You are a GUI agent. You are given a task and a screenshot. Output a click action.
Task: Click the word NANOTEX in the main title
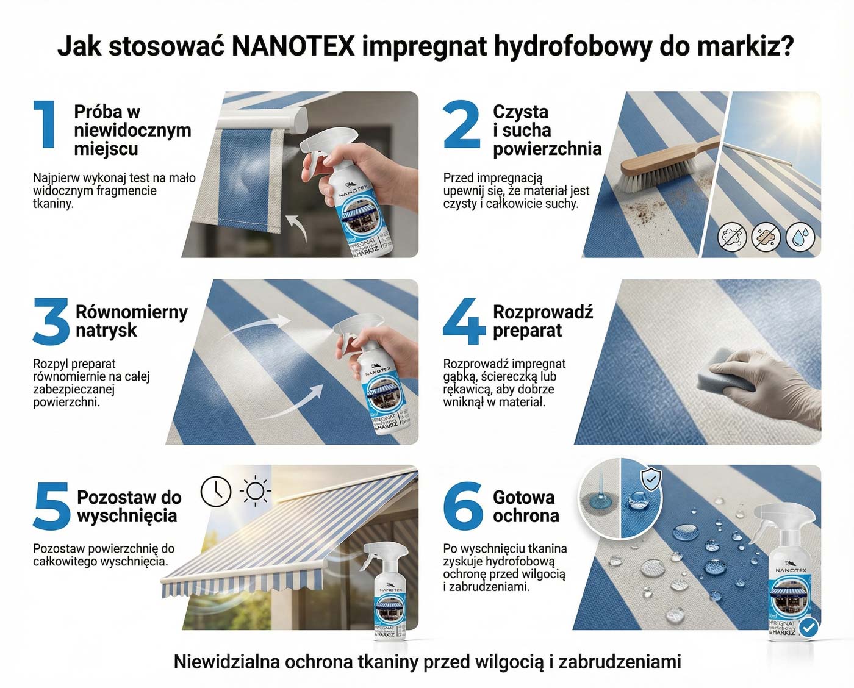pos(293,46)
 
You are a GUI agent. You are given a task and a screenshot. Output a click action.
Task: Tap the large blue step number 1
pos(45,124)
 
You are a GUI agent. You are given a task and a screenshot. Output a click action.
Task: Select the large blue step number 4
pos(464,321)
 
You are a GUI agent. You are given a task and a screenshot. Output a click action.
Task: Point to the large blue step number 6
pos(464,506)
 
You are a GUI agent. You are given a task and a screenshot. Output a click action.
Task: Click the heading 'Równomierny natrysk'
pos(131,321)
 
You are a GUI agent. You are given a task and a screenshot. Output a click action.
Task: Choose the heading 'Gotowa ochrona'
pos(526,506)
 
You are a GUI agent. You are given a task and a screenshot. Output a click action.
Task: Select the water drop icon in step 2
pos(800,237)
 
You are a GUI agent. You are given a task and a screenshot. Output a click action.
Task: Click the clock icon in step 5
pos(216,492)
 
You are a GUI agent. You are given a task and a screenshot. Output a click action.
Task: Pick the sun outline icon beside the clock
pos(255,492)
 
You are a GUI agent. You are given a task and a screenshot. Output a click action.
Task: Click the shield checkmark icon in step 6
pos(651,479)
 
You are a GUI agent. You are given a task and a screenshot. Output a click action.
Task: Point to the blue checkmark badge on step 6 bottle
pos(809,628)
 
